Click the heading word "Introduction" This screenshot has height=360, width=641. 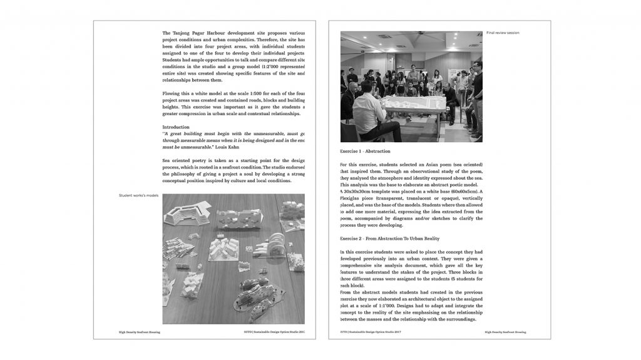click(176, 127)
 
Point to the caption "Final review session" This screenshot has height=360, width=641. click(503, 33)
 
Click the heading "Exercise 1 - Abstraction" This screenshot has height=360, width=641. click(365, 152)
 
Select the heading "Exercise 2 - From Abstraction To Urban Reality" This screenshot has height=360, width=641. click(389, 239)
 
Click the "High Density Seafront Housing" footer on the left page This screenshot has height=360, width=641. click(139, 332)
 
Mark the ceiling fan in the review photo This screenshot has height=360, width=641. click(404, 39)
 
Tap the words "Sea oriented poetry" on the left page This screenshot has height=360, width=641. click(186, 161)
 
